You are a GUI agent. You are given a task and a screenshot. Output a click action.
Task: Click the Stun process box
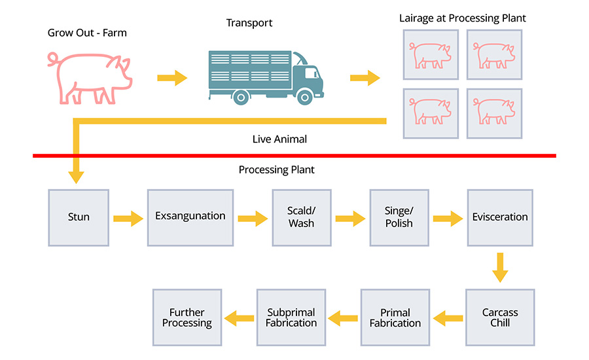(79, 217)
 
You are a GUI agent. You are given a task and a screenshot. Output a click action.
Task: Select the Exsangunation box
(190, 217)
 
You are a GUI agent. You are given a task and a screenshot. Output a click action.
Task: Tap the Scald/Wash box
(301, 217)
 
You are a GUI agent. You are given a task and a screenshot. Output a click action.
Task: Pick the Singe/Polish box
(399, 217)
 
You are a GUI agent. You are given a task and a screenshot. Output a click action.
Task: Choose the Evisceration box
(500, 217)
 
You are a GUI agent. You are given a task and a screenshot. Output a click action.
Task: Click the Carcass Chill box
(500, 317)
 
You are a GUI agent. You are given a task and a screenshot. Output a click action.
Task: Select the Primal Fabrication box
(395, 317)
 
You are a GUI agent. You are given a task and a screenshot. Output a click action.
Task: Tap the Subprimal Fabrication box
(291, 317)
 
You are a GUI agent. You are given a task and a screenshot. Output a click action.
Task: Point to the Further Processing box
(187, 317)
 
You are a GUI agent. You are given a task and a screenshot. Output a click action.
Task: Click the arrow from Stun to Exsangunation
(128, 218)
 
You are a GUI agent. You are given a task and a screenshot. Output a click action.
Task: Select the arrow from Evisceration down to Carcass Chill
(500, 267)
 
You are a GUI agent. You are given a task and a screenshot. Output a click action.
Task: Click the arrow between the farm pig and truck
(172, 79)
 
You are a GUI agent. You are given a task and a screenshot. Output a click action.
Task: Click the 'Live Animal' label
(279, 139)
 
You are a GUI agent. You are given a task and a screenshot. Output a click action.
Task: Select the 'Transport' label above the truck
(249, 23)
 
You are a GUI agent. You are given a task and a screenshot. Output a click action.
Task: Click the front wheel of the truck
(305, 97)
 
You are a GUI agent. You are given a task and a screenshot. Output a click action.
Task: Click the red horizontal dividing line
(294, 156)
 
